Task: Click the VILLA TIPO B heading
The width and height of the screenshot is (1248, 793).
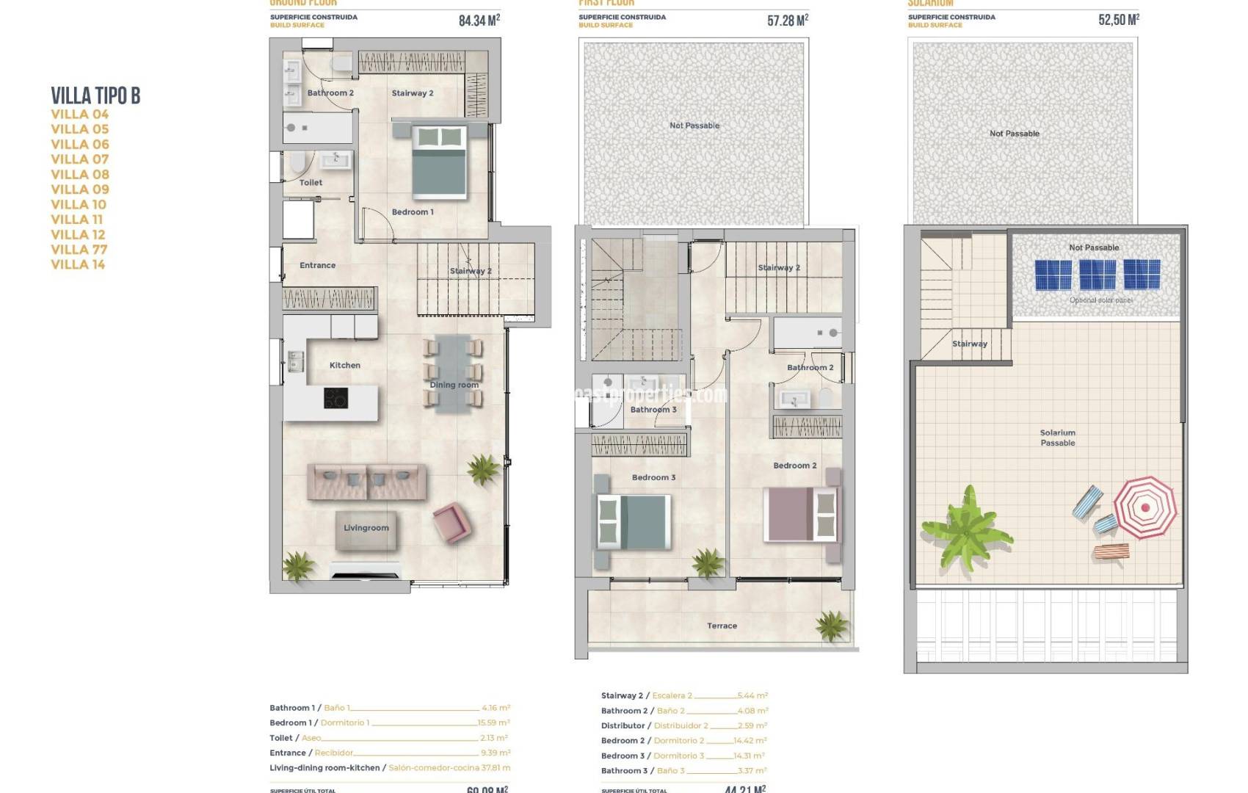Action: pos(95,95)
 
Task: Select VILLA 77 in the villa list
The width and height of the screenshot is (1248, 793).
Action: pos(79,250)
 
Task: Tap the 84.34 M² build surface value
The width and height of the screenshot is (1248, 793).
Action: pos(479,21)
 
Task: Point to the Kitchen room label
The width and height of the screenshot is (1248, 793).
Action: pos(345,365)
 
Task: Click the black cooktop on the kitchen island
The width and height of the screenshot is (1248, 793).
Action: pos(336,398)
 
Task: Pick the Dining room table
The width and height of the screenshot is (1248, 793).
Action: pos(453,373)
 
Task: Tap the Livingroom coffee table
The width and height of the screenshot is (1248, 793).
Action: pos(366,530)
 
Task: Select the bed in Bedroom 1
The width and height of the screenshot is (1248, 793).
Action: pos(440,162)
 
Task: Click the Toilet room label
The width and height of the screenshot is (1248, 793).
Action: pos(311,182)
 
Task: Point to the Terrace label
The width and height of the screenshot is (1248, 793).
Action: pos(722,626)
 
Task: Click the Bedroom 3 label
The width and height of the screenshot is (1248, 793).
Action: pos(653,477)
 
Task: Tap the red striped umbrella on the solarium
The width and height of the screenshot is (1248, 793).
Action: pos(1144,507)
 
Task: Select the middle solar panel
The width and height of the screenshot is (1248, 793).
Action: pos(1098,275)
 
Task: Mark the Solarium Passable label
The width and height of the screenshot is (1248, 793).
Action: pos(1057,438)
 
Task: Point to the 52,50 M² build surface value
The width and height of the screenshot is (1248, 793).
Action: pos(1118,20)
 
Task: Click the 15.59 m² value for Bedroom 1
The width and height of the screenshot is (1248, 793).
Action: pos(494,723)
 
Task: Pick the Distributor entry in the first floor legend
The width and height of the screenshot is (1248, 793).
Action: pos(623,725)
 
